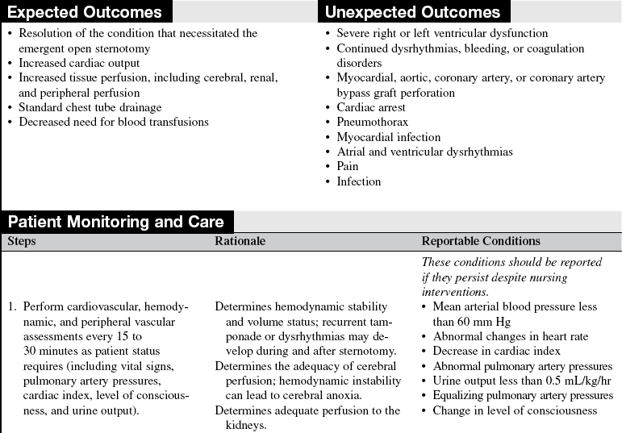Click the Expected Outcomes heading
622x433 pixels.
point(86,12)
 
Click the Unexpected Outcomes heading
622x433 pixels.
point(411,12)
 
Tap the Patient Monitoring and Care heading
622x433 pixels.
point(118,222)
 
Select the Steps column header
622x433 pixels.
point(22,241)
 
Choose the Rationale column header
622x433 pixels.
point(240,241)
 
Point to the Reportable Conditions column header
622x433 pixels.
point(481,241)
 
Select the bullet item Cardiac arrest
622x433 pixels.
point(371,107)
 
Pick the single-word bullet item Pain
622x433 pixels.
point(349,166)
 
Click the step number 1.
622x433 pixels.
point(12,306)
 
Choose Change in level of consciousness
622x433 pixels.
point(515,410)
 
